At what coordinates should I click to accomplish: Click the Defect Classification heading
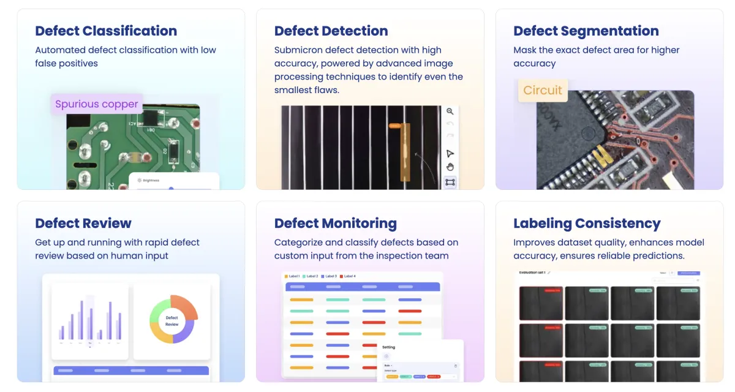106,31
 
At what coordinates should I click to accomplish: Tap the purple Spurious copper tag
97,104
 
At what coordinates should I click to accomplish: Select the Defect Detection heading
331,31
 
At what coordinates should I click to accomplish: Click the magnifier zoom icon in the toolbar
450,111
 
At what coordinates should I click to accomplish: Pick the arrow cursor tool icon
450,153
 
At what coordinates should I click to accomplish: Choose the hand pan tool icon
450,167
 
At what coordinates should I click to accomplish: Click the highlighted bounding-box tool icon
450,182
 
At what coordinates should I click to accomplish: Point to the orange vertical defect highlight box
405,153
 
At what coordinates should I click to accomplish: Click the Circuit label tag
543,91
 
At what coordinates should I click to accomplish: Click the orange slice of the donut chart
186,306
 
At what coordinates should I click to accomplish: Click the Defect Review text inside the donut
172,320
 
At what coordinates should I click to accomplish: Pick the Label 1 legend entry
293,276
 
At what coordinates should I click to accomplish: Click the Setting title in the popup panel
389,347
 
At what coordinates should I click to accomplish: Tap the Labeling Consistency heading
587,223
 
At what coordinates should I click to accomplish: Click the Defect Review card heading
83,223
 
